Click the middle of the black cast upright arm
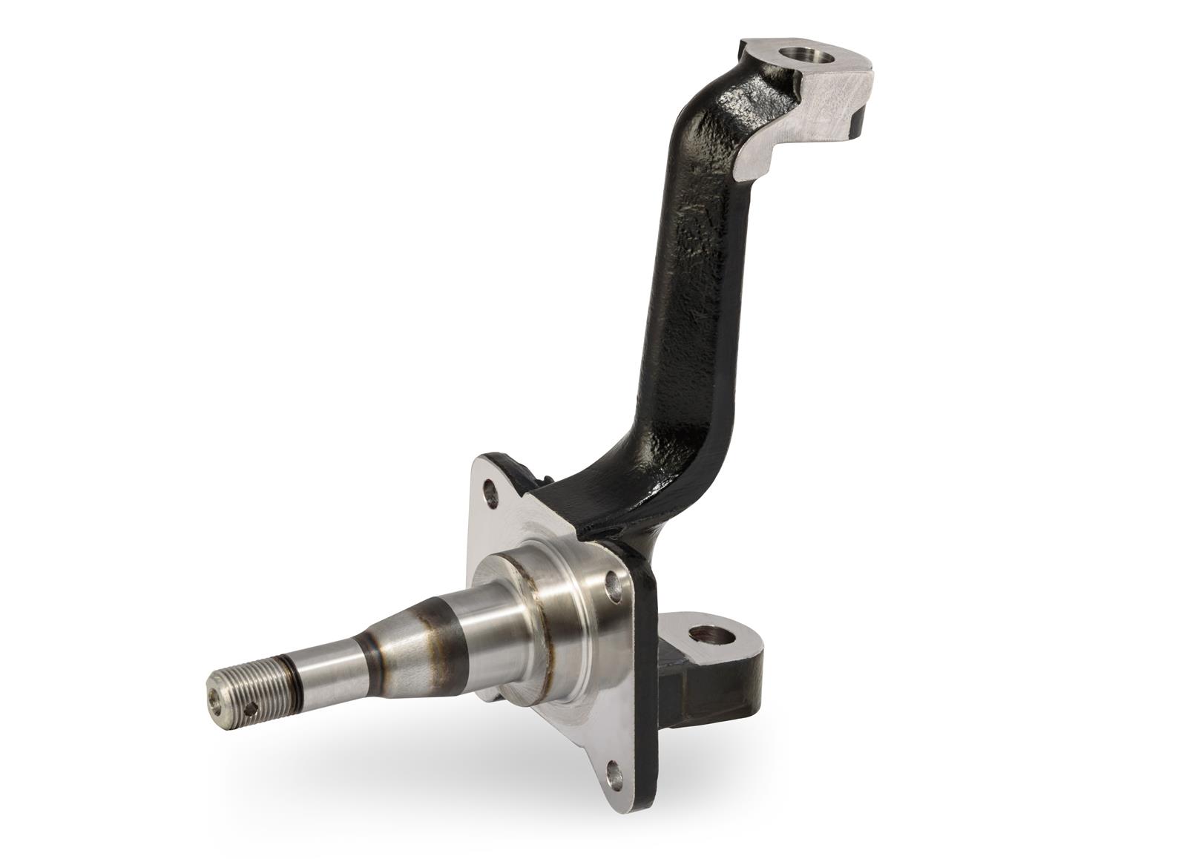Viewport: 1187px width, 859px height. tap(694, 297)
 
